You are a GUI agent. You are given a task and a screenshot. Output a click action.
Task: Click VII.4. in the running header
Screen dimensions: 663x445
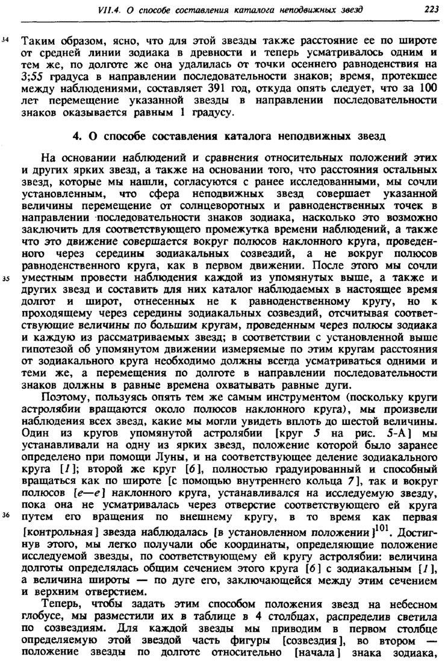[110, 8]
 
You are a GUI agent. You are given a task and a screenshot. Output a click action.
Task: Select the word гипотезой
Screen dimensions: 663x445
[45, 351]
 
